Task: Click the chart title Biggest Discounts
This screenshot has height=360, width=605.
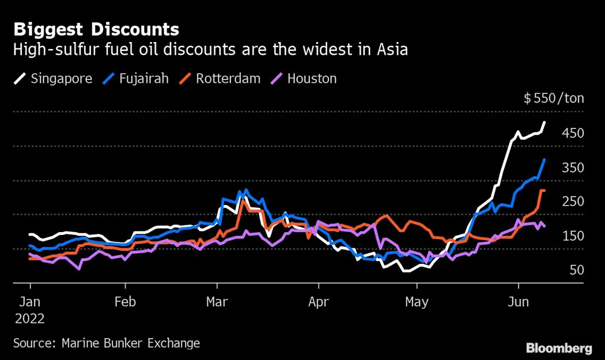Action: coord(96,29)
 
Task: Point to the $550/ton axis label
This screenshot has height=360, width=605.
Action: coord(554,98)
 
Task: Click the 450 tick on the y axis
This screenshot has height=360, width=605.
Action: coord(573,134)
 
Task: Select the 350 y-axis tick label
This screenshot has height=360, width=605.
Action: coord(573,168)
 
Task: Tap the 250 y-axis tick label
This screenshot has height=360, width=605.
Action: coord(573,202)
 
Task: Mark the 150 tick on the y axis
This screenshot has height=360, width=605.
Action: coord(573,236)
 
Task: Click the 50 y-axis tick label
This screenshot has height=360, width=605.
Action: coord(576,270)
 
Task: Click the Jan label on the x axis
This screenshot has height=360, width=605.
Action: coord(31,301)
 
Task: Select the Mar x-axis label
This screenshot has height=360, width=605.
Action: coord(217,301)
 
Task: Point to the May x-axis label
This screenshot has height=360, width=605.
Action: coord(417,301)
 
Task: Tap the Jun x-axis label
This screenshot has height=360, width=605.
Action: coord(519,301)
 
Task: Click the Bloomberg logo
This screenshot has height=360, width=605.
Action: coord(559,348)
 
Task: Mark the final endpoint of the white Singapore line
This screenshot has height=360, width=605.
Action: coord(545,122)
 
